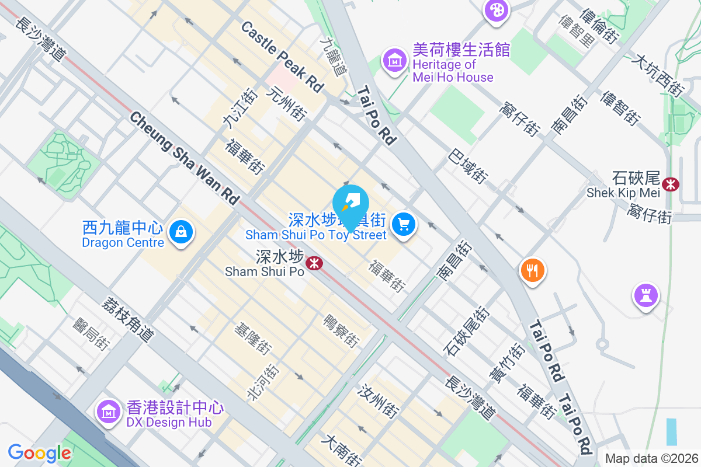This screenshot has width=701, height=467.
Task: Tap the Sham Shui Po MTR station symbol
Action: [x=314, y=263]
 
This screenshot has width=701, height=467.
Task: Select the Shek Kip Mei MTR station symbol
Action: [x=671, y=184]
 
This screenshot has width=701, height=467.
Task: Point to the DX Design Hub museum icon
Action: [x=108, y=413]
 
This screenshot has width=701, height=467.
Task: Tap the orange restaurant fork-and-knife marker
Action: [x=532, y=270]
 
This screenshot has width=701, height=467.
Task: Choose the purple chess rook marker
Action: [x=646, y=296]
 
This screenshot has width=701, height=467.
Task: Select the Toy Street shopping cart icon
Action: [x=403, y=224]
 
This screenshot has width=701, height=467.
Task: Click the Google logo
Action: [x=39, y=453]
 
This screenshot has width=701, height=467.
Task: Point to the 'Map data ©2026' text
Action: [x=651, y=458]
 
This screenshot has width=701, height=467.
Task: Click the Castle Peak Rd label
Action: [x=282, y=56]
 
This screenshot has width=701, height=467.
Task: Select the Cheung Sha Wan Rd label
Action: [x=185, y=158]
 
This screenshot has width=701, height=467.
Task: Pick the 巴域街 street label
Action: [x=468, y=166]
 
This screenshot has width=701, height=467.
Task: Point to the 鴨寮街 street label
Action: [x=341, y=330]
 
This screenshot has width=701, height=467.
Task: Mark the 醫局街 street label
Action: [x=91, y=334]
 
